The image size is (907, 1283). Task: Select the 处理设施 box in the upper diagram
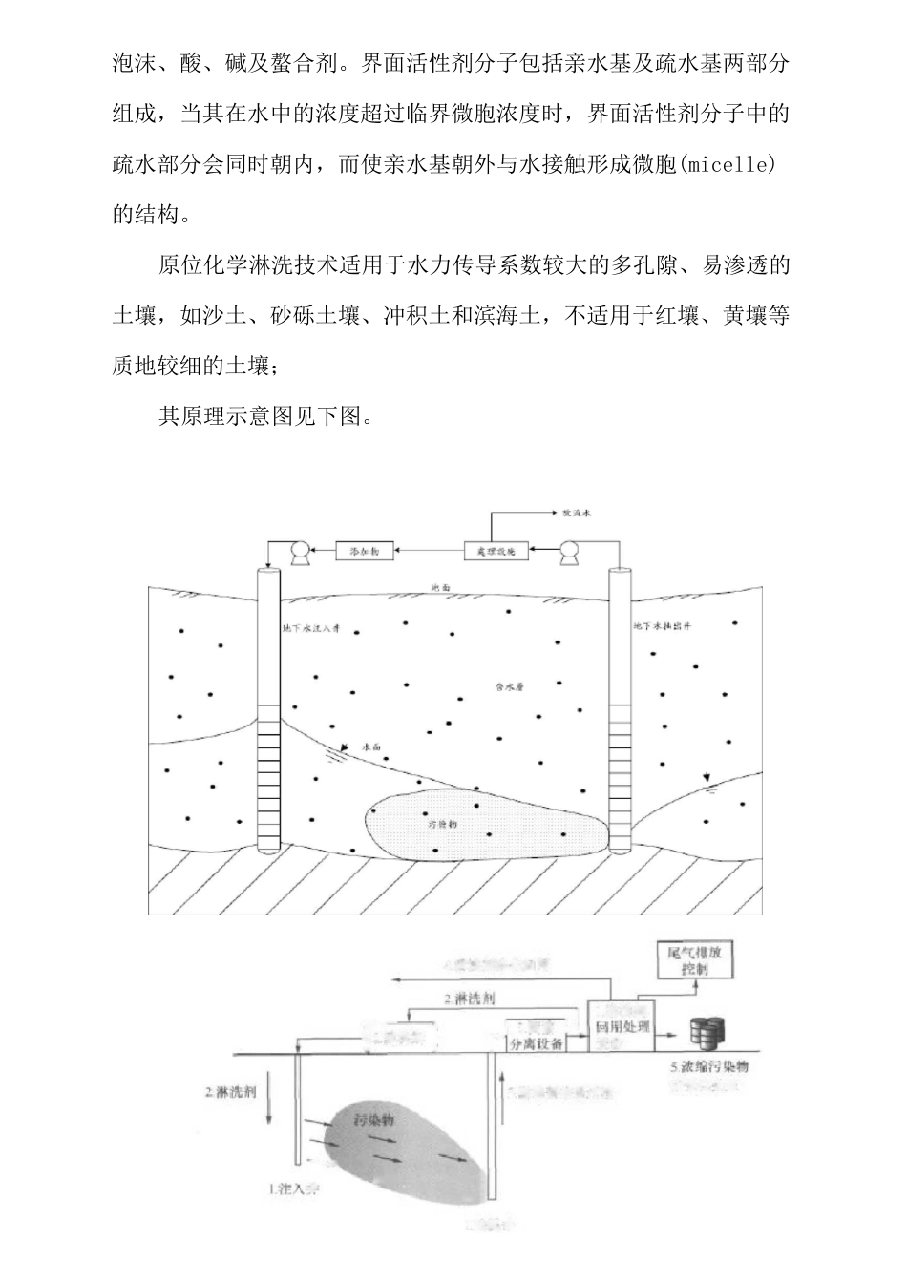point(496,551)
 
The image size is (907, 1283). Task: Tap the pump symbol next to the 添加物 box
point(297,552)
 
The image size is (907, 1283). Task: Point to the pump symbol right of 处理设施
point(573,552)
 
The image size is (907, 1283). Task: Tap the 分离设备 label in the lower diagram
point(537,1043)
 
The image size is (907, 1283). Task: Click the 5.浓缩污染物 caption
point(709,1066)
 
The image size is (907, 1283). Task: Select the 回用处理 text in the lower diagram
point(622,1028)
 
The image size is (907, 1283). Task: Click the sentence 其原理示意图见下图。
point(270,416)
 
